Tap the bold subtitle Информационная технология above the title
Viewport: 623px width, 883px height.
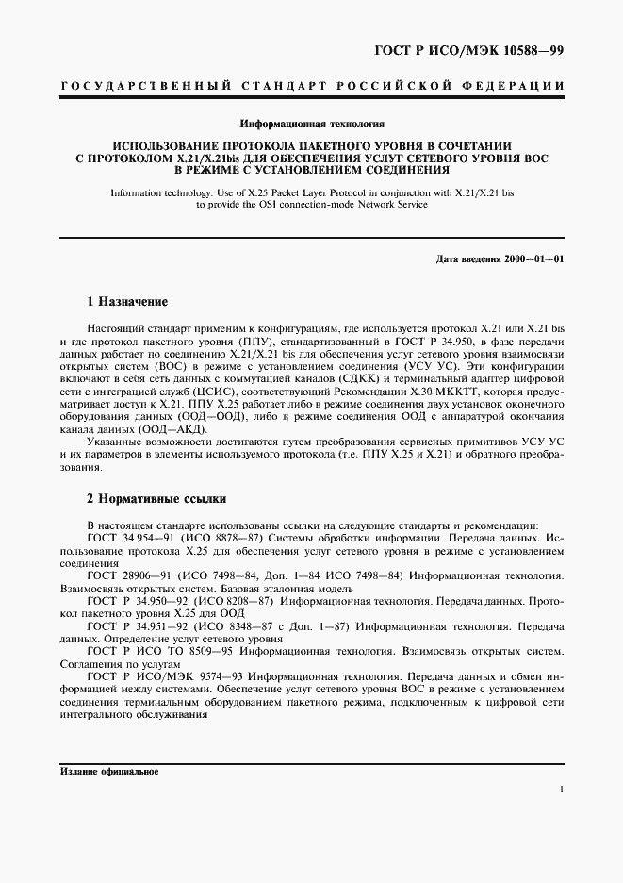pos(313,124)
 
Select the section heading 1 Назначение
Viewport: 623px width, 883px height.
pos(127,302)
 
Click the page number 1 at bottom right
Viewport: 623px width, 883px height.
pos(561,791)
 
